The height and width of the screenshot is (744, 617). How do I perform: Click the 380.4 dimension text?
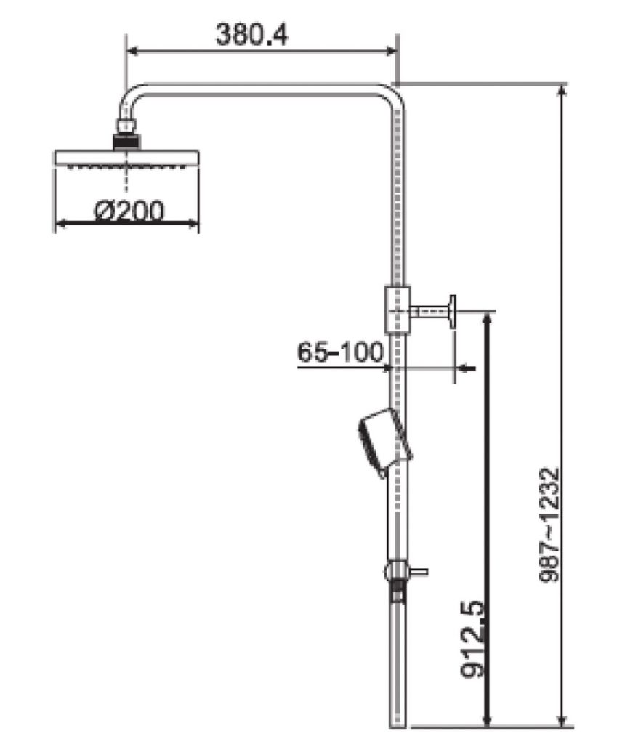(x=251, y=34)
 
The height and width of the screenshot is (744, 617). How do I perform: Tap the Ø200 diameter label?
(x=129, y=211)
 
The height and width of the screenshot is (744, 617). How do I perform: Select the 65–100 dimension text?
(x=340, y=352)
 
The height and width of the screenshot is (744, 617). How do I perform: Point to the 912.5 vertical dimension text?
(x=472, y=640)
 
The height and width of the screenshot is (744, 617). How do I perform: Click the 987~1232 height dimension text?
(x=551, y=526)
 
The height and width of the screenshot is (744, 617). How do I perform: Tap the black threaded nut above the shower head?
(x=126, y=141)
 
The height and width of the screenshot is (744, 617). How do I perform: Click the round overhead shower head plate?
(x=126, y=158)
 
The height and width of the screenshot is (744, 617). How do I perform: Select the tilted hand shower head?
(x=384, y=442)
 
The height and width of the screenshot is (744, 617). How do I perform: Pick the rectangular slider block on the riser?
(x=398, y=310)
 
